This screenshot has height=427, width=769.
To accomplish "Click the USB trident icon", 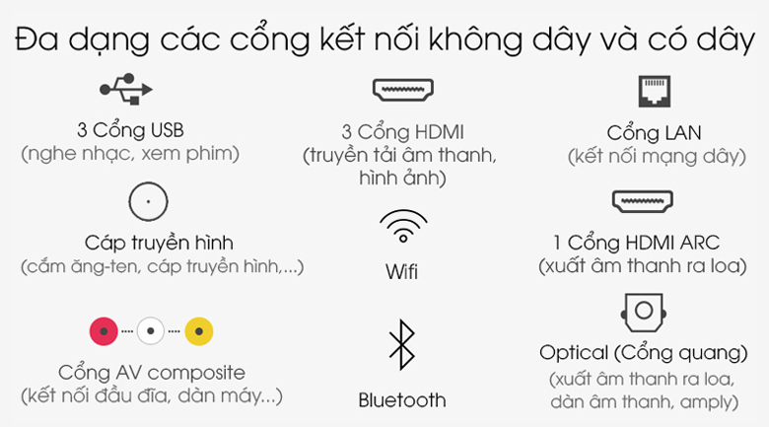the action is pyautogui.click(x=126, y=90).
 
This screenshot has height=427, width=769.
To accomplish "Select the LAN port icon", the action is pyautogui.click(x=655, y=92).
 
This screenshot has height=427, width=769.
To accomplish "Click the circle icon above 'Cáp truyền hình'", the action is pyautogui.click(x=148, y=182).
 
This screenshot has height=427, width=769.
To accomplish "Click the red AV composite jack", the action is pyautogui.click(x=104, y=331).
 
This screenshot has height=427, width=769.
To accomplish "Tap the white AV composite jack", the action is pyautogui.click(x=151, y=330).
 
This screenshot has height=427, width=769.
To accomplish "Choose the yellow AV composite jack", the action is pyautogui.click(x=198, y=331).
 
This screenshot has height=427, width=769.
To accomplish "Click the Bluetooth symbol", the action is pyautogui.click(x=401, y=344).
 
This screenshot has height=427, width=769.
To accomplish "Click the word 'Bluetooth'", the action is pyautogui.click(x=402, y=400).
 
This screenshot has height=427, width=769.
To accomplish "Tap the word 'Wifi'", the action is pyautogui.click(x=401, y=271).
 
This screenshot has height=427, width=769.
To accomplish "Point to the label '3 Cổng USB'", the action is pyautogui.click(x=130, y=130).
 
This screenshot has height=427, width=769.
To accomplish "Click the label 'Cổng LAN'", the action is pyautogui.click(x=654, y=132).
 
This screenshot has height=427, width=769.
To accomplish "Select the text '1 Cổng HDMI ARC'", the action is pyautogui.click(x=636, y=243).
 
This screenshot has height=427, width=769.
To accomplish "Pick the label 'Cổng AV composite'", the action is pyautogui.click(x=152, y=373).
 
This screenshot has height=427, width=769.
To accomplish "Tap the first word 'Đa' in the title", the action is pyautogui.click(x=36, y=38).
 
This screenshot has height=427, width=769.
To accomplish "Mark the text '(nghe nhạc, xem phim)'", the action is pyautogui.click(x=130, y=154).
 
